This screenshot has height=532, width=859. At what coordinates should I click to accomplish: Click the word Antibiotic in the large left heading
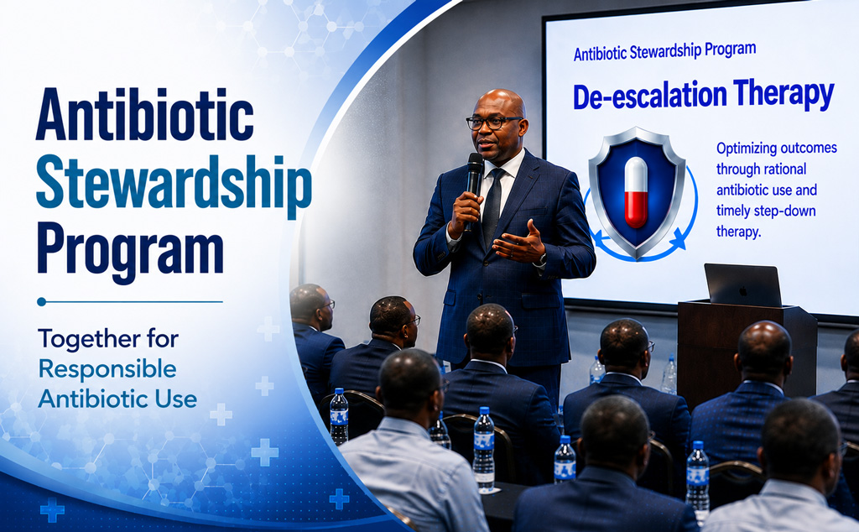coord(144,115)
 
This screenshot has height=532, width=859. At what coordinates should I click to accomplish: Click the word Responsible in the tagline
coord(107,370)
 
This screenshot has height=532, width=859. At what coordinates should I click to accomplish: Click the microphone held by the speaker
coord(474,180)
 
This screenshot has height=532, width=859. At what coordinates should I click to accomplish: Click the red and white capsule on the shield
coord(636,192)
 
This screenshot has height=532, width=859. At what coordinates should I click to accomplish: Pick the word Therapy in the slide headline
coord(784,94)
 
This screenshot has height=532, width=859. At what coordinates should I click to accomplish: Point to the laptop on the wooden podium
coord(742,285)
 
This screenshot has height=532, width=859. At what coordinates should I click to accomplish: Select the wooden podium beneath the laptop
coord(747,351)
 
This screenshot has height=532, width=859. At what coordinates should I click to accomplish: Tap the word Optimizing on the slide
coord(749,149)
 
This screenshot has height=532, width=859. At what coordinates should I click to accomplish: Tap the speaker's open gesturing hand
coord(518,243)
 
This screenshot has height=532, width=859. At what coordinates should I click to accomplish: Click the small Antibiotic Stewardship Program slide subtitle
coord(664,51)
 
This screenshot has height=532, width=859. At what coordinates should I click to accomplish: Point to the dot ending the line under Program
coord(42,301)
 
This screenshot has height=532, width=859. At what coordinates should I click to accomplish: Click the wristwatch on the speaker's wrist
coord(542,258)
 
